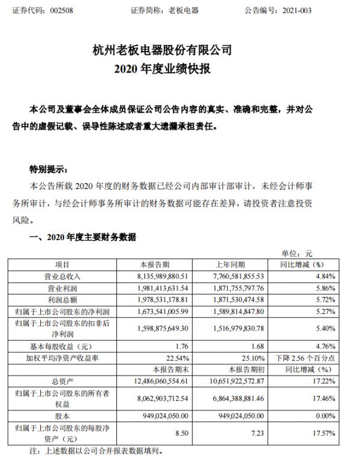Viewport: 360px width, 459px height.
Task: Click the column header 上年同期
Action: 235,265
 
